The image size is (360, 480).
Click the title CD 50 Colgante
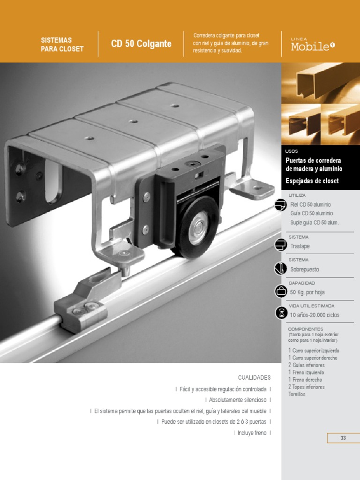coord(141,44)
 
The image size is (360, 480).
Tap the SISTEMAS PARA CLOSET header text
coord(62,45)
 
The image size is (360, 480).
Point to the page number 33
coord(343,438)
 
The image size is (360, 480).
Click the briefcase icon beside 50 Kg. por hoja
coord(281,292)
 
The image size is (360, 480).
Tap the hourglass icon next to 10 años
coord(281,314)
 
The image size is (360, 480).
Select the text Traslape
coord(300,246)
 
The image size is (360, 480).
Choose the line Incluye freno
coord(252,433)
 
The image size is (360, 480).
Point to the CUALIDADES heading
coord(254,377)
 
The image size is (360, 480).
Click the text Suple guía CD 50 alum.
coord(315,222)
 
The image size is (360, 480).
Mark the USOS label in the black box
coord(291,151)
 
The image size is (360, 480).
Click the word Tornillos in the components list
coord(297,394)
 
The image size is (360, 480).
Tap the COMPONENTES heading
coord(306,329)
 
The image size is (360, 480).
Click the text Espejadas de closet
coord(312,181)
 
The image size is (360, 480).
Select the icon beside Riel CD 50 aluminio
coord(281,205)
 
